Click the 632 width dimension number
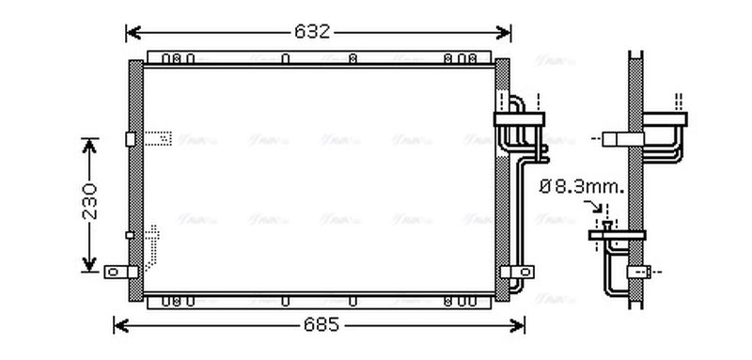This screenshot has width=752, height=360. pyautogui.click(x=312, y=32)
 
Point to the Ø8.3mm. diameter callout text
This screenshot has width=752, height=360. pyautogui.click(x=582, y=187)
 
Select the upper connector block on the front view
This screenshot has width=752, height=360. pyautogui.click(x=520, y=117)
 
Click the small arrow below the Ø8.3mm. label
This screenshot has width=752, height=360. pyautogui.click(x=599, y=208)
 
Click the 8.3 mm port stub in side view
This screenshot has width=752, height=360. pyautogui.click(x=608, y=226)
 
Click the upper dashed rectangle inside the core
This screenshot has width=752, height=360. pyautogui.click(x=159, y=138)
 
